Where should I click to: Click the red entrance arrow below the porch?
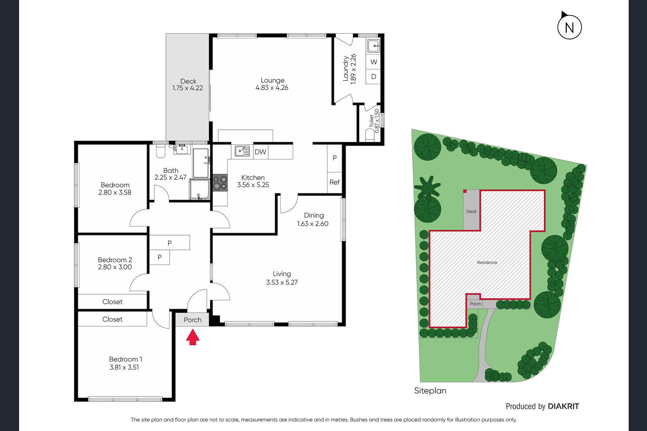pyautogui.click(x=193, y=337)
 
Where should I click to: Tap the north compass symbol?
pyautogui.click(x=569, y=26)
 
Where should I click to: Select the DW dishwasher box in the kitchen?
pyautogui.click(x=260, y=152)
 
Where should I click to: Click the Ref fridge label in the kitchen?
pyautogui.click(x=334, y=182)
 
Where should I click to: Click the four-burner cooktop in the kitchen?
pyautogui.click(x=220, y=183)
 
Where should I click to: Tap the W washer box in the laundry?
pyautogui.click(x=373, y=62)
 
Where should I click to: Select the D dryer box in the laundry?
pyautogui.click(x=373, y=76)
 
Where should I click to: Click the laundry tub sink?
pyautogui.click(x=374, y=46)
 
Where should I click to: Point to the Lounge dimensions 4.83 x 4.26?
pyautogui.click(x=272, y=88)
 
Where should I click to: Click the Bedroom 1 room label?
pyautogui.click(x=125, y=359)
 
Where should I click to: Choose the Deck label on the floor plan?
pyautogui.click(x=188, y=81)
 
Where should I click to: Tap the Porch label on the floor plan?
pyautogui.click(x=193, y=320)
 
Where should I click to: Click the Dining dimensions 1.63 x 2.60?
pyautogui.click(x=312, y=224)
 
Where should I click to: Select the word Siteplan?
pyautogui.click(x=430, y=391)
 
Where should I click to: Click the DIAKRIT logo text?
pyautogui.click(x=563, y=406)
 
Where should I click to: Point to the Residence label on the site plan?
pyautogui.click(x=487, y=263)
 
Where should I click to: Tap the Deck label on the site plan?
pyautogui.click(x=471, y=211)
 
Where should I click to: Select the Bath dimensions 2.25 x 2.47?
pyautogui.click(x=170, y=177)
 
